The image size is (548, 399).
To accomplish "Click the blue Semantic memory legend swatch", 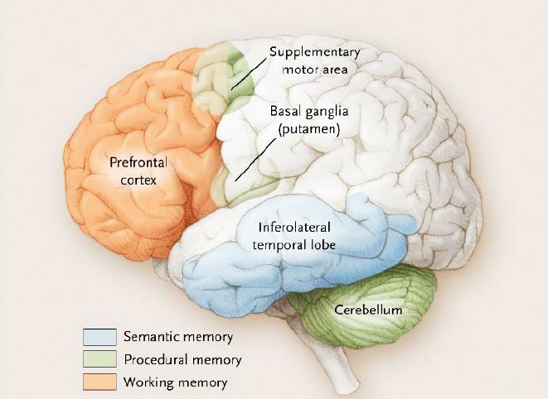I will click(x=99, y=337).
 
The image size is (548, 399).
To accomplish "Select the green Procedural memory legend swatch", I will click(x=99, y=359).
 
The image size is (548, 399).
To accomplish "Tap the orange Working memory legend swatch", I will click(x=99, y=382).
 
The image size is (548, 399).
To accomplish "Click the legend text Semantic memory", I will click(x=178, y=337).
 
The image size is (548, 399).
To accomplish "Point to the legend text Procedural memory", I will click(x=182, y=360).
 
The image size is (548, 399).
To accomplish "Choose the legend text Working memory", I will click(x=175, y=382).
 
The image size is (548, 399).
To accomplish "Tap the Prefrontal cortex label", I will click(x=138, y=170).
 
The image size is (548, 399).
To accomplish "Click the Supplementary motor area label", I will click(x=308, y=61).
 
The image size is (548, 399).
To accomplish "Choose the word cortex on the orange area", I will click(x=138, y=178).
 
